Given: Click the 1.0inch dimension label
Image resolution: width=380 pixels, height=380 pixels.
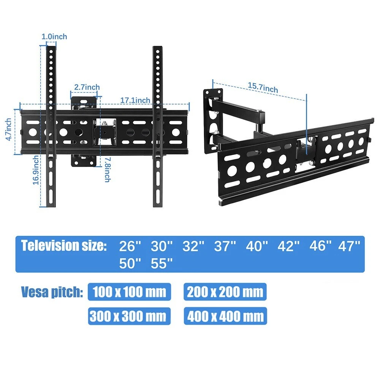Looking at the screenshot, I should tap(54, 36).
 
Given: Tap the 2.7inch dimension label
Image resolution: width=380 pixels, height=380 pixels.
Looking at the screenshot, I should tap(87, 87).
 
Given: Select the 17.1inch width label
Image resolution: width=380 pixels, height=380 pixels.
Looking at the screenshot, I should tap(135, 100).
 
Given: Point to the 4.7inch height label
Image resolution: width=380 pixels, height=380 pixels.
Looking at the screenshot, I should tap(9, 129).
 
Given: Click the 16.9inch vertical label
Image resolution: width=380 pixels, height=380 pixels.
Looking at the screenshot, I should tap(35, 170).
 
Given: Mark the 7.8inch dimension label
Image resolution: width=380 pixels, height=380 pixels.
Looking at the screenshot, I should tap(108, 169).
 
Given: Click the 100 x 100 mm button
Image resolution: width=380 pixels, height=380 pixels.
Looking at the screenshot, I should tap(129, 292).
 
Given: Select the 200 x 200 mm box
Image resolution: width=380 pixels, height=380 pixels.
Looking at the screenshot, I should tap(225, 292).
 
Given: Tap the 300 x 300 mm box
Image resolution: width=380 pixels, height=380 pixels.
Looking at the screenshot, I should tap(129, 316).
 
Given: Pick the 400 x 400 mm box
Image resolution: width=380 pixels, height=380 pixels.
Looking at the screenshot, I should tap(225, 316).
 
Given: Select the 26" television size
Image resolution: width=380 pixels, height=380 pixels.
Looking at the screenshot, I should tap(127, 247).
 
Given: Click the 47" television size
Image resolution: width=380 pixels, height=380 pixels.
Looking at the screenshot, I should tap(349, 247).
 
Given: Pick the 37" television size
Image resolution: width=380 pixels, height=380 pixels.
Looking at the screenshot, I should tap(222, 247).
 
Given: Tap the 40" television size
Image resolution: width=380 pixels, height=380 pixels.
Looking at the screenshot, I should tap(254, 247).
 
